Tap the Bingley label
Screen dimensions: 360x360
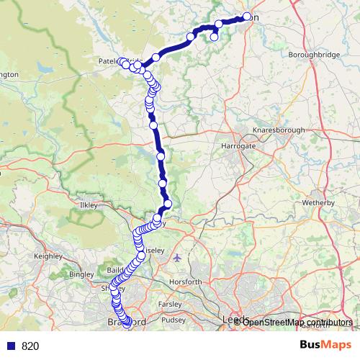[x=81, y=274]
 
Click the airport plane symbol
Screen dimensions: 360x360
[x=178, y=257]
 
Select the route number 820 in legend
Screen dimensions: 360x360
[x=30, y=346]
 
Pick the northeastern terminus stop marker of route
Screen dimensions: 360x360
[x=247, y=17]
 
